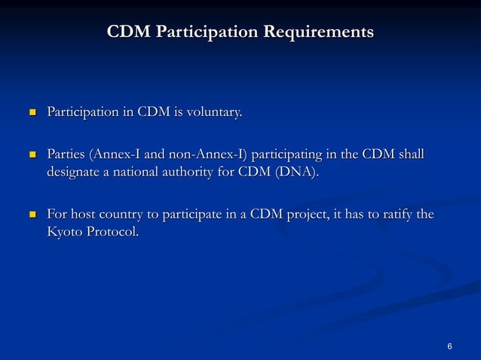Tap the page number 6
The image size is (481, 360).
(449, 346)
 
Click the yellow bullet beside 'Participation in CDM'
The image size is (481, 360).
(32, 114)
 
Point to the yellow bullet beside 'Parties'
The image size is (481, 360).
(32, 156)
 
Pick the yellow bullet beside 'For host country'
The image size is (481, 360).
(32, 215)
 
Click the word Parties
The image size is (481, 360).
(66, 155)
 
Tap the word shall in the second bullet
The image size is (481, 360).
(410, 155)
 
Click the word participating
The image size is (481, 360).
(290, 156)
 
